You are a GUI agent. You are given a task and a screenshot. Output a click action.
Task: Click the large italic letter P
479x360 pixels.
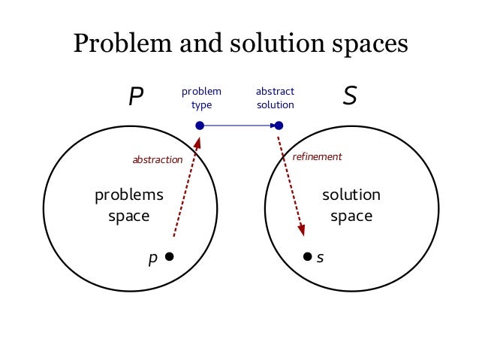(x=135, y=97)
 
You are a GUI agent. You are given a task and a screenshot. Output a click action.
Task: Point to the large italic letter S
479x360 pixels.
(x=350, y=97)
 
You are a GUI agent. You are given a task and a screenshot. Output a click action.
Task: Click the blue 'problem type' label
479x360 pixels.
(x=201, y=98)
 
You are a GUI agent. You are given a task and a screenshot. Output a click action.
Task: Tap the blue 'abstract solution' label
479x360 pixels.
(x=276, y=98)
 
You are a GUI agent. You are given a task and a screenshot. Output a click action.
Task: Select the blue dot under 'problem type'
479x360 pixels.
(x=200, y=126)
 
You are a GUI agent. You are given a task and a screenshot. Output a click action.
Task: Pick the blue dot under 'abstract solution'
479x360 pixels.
(x=279, y=126)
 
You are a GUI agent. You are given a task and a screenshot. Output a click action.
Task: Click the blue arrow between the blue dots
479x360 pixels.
(x=239, y=126)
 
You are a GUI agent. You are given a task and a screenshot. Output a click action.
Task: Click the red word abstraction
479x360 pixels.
(x=157, y=159)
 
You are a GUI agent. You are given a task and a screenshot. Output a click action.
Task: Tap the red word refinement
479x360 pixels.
(x=317, y=156)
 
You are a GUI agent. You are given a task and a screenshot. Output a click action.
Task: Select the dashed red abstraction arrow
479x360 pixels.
(x=187, y=187)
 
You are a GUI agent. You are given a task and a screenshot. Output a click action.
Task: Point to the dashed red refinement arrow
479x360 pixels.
(x=291, y=184)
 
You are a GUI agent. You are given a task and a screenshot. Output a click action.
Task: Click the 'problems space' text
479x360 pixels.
(x=129, y=205)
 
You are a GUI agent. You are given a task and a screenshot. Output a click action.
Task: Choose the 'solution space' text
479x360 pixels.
(x=351, y=205)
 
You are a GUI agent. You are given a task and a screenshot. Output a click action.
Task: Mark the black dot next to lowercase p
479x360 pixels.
(x=170, y=257)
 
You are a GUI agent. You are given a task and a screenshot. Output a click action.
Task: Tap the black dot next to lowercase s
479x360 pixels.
(x=307, y=256)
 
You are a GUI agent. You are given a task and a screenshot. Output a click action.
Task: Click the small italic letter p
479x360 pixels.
(x=153, y=259)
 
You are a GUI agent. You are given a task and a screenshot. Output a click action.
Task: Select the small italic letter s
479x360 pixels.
(x=320, y=257)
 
